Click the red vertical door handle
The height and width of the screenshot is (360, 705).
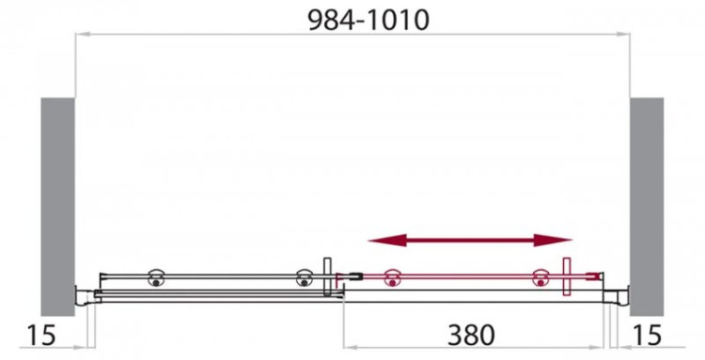coord(567,276)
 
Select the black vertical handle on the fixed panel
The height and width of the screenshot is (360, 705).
coord(326,276)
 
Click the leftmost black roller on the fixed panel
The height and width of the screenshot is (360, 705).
coord(155,277)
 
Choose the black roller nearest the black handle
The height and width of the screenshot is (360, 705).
coord(303,277)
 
